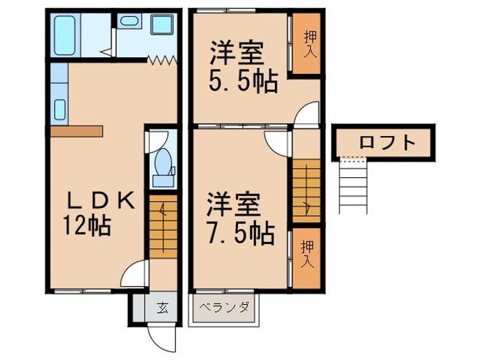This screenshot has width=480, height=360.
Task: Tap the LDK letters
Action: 100,200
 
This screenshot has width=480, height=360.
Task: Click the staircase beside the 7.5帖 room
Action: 307,190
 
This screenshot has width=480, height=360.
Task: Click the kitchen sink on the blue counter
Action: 59,109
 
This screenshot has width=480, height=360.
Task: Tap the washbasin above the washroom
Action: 129,22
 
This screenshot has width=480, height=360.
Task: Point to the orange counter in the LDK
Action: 75,129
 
